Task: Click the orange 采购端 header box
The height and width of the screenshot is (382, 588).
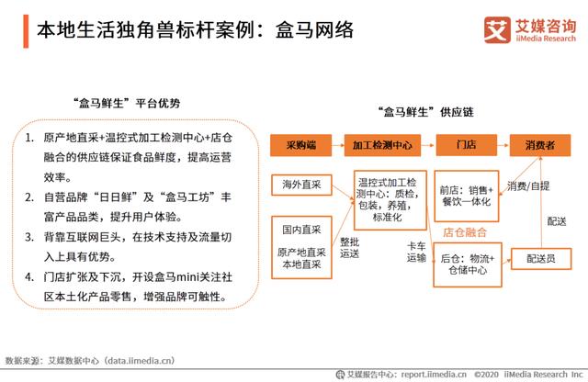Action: tap(300, 145)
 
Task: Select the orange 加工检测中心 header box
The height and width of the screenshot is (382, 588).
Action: tap(382, 145)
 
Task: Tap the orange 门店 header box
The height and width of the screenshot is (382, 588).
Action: tap(466, 145)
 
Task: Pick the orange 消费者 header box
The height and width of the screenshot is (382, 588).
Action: tap(540, 145)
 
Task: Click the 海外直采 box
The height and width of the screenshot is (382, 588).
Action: tap(301, 185)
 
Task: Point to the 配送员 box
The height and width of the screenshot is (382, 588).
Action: tap(541, 259)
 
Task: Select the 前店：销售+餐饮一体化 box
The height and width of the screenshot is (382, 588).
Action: tap(467, 197)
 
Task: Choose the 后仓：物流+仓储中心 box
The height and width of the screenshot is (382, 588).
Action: tap(468, 264)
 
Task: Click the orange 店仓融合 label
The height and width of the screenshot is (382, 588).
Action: tap(465, 233)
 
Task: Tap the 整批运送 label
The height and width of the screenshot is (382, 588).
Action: tap(349, 248)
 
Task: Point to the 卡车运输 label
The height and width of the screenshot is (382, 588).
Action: tap(416, 252)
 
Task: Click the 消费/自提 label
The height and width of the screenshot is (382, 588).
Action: tap(528, 185)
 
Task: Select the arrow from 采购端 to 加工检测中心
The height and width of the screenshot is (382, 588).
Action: tap(338, 145)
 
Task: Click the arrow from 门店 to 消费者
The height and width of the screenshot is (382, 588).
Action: tap(503, 145)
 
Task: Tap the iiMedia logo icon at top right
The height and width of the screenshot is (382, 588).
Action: tap(497, 29)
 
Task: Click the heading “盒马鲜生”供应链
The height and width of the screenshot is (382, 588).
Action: tap(425, 112)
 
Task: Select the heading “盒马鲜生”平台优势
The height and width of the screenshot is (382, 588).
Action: tap(127, 103)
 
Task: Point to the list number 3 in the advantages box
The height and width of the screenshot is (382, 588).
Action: tap(29, 237)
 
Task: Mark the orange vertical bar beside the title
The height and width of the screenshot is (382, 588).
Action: tap(26, 31)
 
